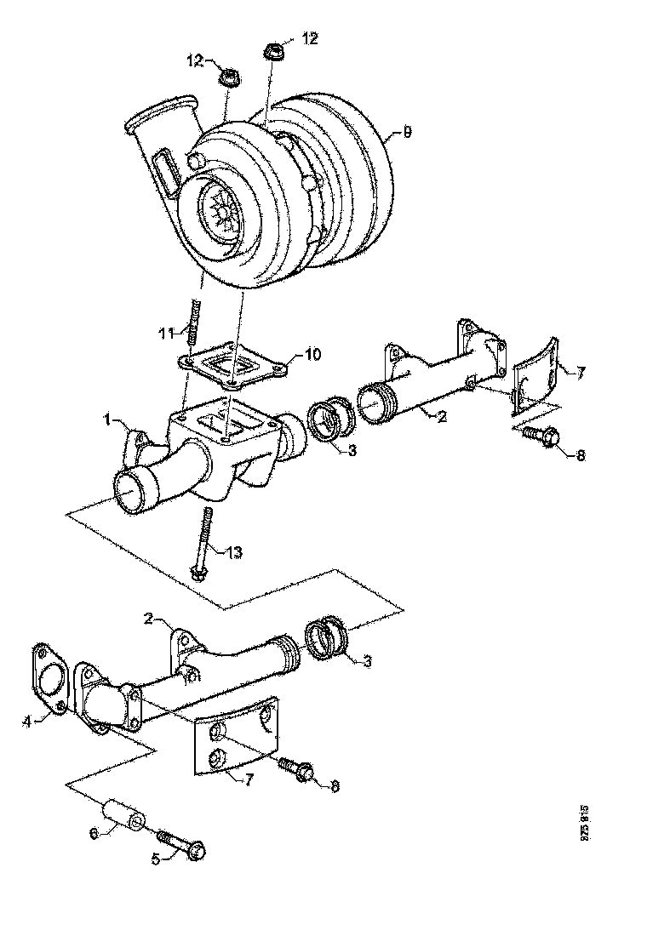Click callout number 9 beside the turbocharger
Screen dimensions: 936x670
[x=407, y=134]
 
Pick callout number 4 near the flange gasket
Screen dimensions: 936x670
[x=27, y=722]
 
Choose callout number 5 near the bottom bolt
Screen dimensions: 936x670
[x=155, y=859]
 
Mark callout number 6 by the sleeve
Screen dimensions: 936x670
[x=95, y=833]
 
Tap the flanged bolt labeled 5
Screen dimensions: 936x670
[x=183, y=845]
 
